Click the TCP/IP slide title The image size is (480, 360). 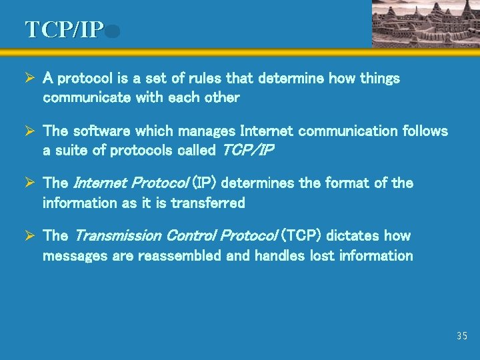click(65, 30)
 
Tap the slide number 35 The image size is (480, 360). click(462, 336)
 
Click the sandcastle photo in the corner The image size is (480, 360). click(425, 23)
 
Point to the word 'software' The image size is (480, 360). click(103, 131)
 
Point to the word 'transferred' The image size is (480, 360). click(208, 203)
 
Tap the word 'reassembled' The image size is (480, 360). click(179, 255)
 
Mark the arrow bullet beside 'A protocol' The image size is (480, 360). click(29, 79)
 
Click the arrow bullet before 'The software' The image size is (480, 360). click(29, 131)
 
